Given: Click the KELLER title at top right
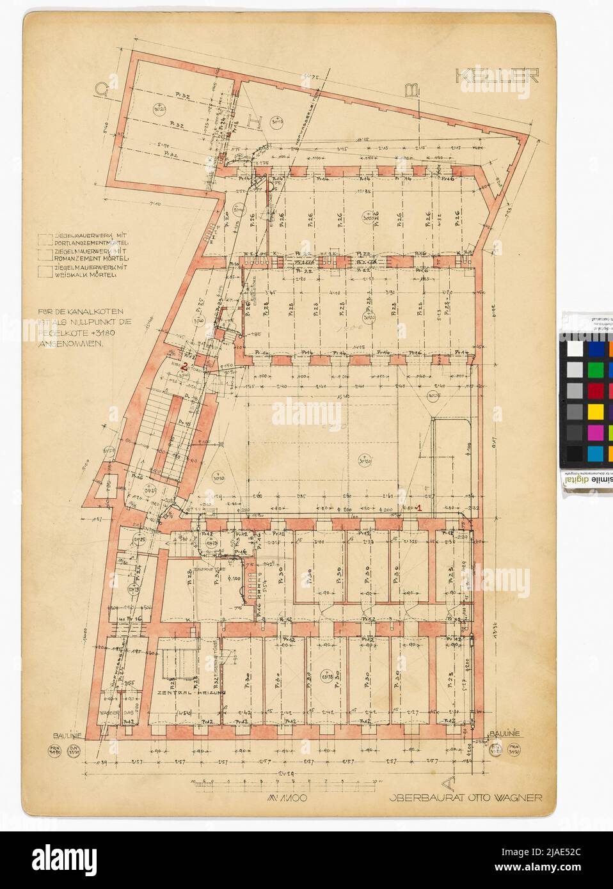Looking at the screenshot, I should (x=497, y=75).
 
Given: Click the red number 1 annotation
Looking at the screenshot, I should (x=418, y=507).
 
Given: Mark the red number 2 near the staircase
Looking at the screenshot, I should (x=184, y=366).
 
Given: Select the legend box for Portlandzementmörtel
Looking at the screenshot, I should (x=45, y=240).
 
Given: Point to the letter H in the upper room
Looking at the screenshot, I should (x=254, y=120).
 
